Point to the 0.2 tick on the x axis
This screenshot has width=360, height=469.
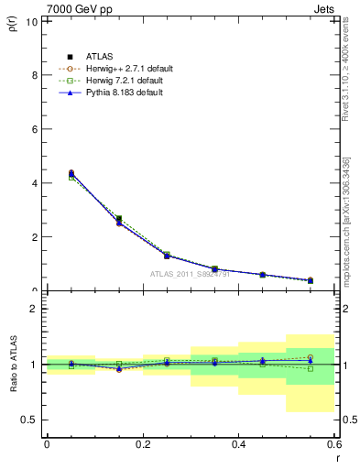pyautogui.click(x=143, y=444)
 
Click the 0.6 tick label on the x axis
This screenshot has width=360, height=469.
pyautogui.click(x=334, y=444)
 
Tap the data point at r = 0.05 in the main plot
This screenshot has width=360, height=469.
pyautogui.click(x=71, y=173)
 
